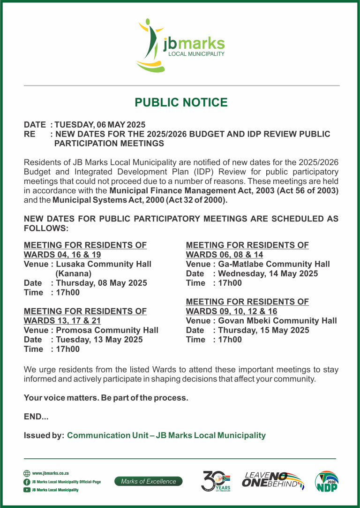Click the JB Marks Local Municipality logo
click(x=181, y=45)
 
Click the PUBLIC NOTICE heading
click(x=181, y=103)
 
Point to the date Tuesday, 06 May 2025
click(x=100, y=125)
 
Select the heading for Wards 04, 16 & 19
click(x=85, y=250)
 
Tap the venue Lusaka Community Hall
click(x=103, y=264)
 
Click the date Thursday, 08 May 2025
click(x=101, y=283)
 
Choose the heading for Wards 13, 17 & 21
click(x=85, y=316)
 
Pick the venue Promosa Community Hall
click(x=107, y=330)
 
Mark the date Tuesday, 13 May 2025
click(x=99, y=340)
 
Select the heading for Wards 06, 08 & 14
click(x=247, y=250)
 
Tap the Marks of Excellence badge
click(x=149, y=481)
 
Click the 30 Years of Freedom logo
click(x=216, y=481)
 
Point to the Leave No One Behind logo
click(x=273, y=480)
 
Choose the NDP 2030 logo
click(x=326, y=481)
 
